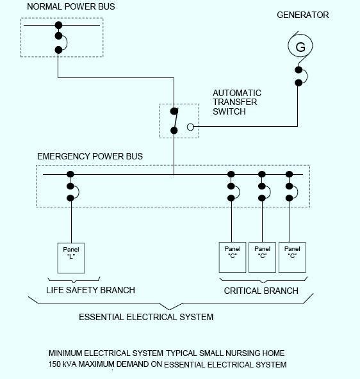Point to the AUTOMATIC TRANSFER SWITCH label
[237, 102]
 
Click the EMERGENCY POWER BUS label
[90, 156]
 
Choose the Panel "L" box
[70, 257]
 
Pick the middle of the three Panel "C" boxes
[262, 257]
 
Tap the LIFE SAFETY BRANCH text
[90, 290]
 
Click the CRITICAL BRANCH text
[261, 291]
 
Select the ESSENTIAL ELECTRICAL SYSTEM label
[146, 317]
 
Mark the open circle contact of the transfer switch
[190, 127]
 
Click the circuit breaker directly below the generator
[299, 76]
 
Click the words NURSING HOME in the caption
[254, 353]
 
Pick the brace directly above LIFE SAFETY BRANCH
[74, 279]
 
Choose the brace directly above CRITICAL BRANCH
[262, 279]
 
